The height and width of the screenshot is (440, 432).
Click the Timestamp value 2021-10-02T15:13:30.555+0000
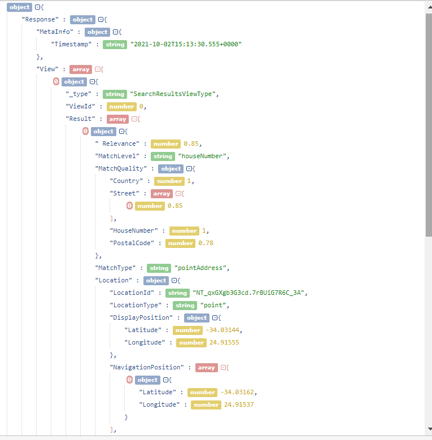(186, 44)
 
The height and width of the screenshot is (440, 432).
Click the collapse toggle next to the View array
(98, 69)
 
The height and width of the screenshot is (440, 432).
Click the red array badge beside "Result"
(117, 119)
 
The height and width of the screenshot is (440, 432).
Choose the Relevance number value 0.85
(193, 143)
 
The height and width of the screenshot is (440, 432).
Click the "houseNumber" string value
(203, 156)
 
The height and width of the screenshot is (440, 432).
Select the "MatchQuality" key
(121, 168)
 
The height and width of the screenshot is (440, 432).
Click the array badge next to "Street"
(162, 193)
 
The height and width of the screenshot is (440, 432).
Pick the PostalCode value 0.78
(206, 243)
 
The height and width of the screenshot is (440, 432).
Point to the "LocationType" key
(139, 305)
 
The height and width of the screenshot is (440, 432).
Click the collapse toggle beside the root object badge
(37, 7)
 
